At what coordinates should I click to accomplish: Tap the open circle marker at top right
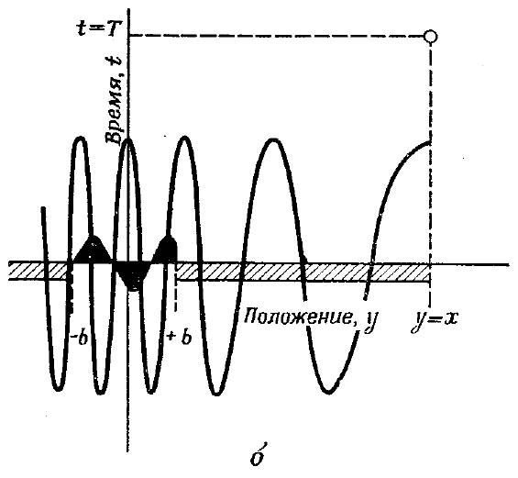pyautogui.click(x=431, y=36)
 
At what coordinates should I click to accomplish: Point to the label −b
pyautogui.click(x=79, y=338)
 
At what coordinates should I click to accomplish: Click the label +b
pyautogui.click(x=180, y=338)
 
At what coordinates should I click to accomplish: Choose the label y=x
pyautogui.click(x=435, y=319)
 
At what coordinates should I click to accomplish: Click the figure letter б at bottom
pyautogui.click(x=258, y=456)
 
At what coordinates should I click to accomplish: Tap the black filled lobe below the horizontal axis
pyautogui.click(x=131, y=275)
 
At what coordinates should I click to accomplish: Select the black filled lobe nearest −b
pyautogui.click(x=93, y=250)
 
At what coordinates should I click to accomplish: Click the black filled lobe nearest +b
pyautogui.click(x=166, y=250)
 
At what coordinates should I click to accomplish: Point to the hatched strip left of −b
pyautogui.click(x=38, y=271)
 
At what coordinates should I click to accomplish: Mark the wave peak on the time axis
pyautogui.click(x=128, y=139)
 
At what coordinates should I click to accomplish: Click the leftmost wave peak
pyautogui.click(x=82, y=139)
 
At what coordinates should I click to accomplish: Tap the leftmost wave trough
pyautogui.click(x=58, y=389)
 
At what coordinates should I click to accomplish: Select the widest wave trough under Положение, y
pyautogui.click(x=328, y=391)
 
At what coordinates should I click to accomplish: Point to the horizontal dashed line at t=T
pyautogui.click(x=277, y=35)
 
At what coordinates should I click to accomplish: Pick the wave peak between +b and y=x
pyautogui.click(x=273, y=140)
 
